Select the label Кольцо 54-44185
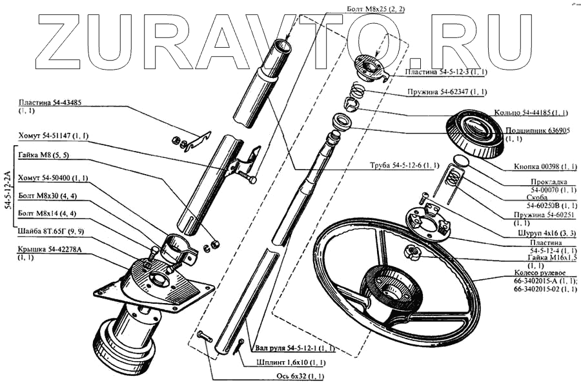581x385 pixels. click(522, 112)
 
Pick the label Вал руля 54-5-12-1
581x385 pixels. click(294, 348)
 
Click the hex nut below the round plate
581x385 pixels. click(411, 251)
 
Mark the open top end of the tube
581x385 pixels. click(283, 47)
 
